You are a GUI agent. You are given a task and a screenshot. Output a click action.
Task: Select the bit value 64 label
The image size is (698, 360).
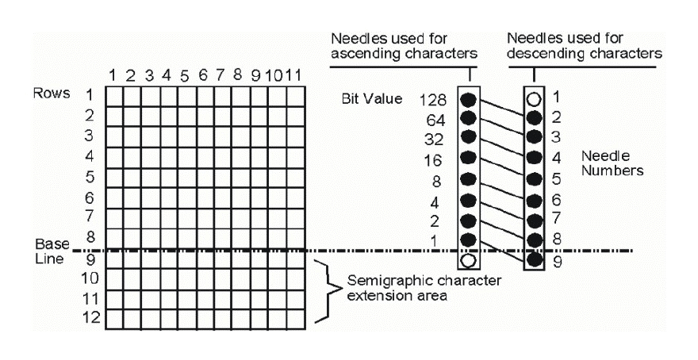click(438, 121)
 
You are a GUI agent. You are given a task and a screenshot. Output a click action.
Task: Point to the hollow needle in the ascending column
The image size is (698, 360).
click(469, 259)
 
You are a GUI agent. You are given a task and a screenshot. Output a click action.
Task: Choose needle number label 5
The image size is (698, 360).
click(557, 177)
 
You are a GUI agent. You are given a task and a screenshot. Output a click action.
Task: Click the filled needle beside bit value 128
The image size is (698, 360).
click(469, 101)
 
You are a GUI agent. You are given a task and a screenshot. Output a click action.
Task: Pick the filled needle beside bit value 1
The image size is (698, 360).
click(469, 239)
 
